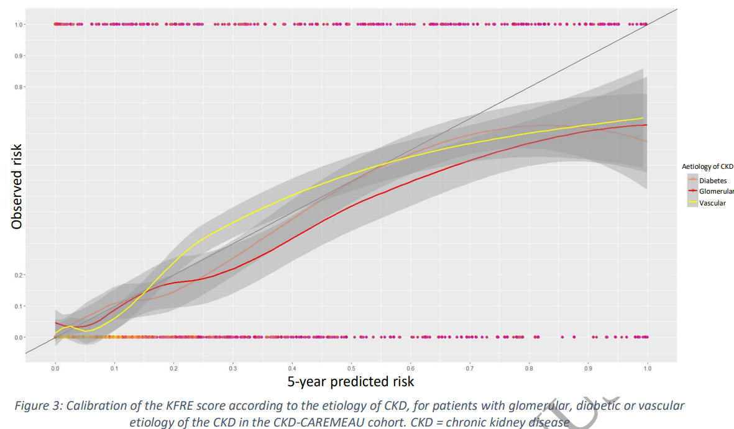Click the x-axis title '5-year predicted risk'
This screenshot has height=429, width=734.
coord(351,381)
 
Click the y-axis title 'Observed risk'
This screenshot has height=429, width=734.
coord(17,186)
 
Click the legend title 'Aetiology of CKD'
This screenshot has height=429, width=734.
coord(707,166)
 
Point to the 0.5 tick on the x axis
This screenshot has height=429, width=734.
coord(351,369)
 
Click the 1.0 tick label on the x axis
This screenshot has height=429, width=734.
coord(648,369)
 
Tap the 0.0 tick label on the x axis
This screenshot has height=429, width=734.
coord(55,369)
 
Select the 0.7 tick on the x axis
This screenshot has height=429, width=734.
coord(470,369)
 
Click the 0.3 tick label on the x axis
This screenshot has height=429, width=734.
coord(233,369)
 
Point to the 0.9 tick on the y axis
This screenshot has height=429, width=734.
coord(20,56)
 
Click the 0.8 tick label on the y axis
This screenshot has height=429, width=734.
coord(20,87)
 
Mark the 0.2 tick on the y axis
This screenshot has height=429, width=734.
coord(20,275)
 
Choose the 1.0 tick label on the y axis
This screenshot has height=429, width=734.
coord(20,25)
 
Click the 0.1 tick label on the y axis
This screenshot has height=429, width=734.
coord(20,306)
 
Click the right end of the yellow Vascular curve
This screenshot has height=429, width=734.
coord(642,118)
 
